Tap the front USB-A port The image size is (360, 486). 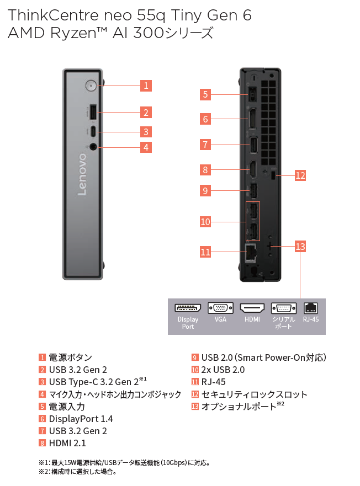(93, 112)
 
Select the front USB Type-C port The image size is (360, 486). (93, 132)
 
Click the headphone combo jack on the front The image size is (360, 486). (93, 147)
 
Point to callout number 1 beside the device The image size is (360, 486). (146, 86)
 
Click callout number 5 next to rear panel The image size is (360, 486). (205, 94)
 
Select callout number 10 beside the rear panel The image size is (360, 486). (205, 222)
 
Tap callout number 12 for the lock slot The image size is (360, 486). (300, 176)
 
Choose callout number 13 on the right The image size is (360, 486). (300, 246)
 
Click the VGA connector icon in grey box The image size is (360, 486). (220, 308)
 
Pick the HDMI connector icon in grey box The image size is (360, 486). (252, 308)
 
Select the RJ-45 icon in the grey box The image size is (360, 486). (311, 308)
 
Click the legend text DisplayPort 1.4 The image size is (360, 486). (81, 419)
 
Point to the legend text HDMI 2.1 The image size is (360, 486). (67, 443)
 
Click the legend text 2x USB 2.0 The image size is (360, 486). (223, 370)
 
